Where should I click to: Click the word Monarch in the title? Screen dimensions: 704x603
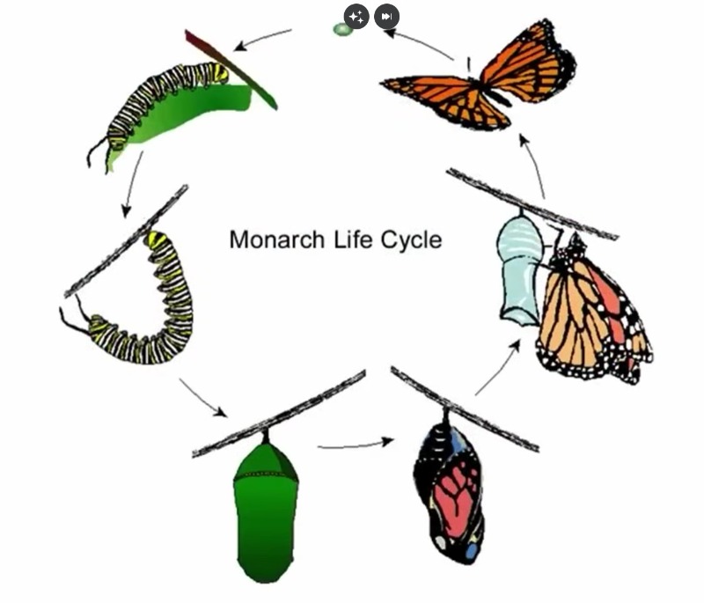click(276, 239)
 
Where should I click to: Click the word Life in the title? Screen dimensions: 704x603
click(354, 239)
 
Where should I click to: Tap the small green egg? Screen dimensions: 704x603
click(342, 30)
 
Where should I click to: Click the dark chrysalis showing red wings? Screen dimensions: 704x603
click(450, 487)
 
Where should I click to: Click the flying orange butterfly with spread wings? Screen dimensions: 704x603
click(479, 77)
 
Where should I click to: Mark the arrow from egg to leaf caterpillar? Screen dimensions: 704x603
click(262, 38)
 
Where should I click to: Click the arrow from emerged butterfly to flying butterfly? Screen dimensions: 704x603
click(533, 165)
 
